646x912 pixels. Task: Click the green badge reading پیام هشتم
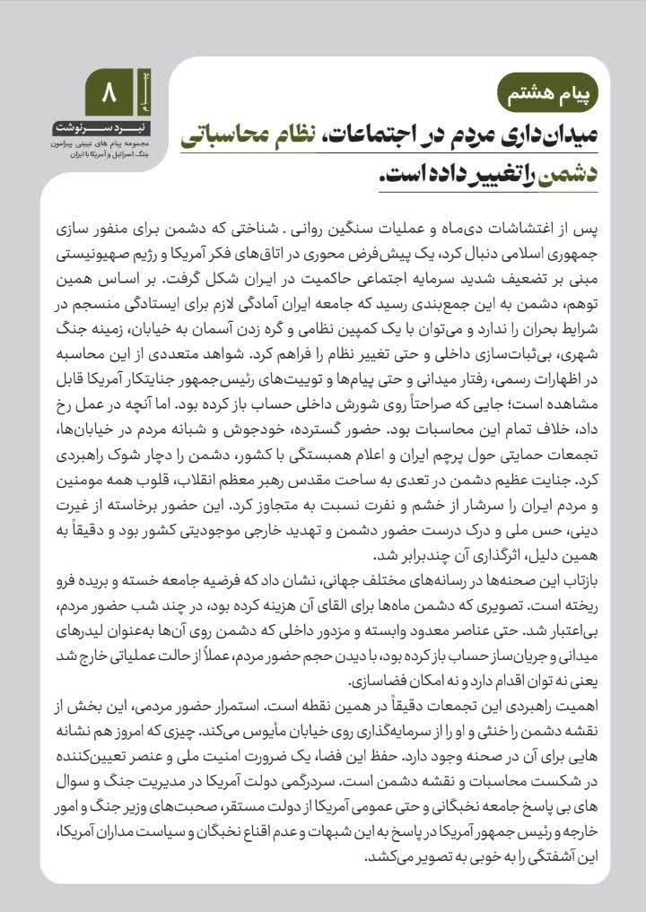click(x=546, y=92)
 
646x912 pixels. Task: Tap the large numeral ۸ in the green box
click(x=109, y=92)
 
